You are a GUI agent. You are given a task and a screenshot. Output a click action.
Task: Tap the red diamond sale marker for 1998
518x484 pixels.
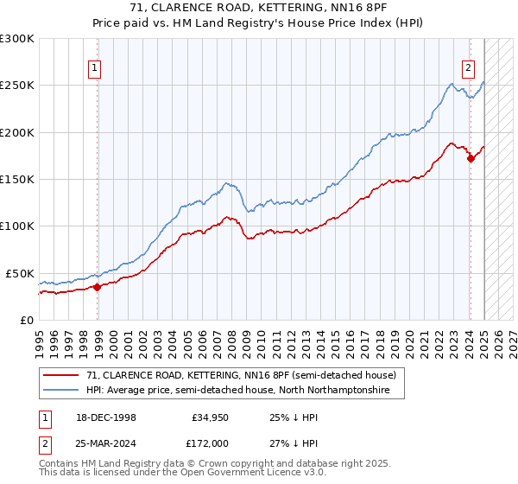97,287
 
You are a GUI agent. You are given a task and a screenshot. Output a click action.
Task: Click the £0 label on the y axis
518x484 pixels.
26,320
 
